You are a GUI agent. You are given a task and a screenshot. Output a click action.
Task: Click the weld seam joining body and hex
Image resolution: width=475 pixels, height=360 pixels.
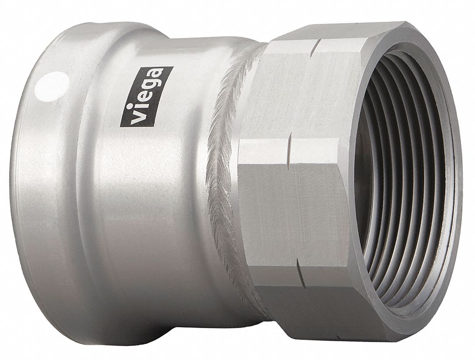tap(227, 175)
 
